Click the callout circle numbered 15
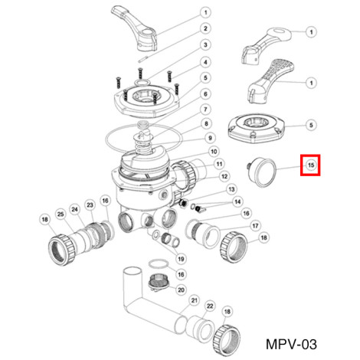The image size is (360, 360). (311, 165)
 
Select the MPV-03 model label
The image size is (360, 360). (291, 344)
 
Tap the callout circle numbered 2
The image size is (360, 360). (205, 28)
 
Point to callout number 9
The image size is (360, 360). (210, 138)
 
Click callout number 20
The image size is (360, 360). (181, 290)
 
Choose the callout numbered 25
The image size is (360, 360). (61, 214)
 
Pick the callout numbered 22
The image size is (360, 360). (210, 306)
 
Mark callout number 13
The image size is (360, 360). (231, 189)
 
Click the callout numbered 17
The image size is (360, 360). (255, 226)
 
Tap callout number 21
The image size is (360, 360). (195, 300)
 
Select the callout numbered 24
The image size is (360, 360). (74, 210)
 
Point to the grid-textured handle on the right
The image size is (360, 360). (271, 80)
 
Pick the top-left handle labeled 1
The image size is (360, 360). (134, 27)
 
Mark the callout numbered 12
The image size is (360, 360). (224, 176)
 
